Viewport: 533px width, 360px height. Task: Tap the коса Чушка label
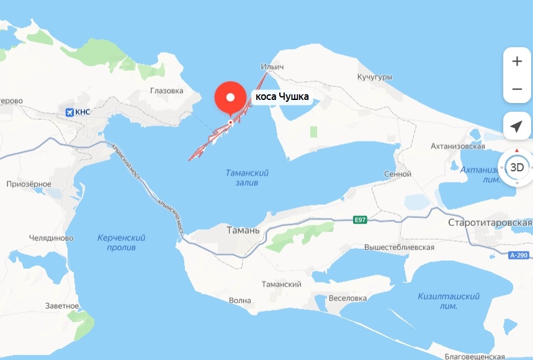(282, 97)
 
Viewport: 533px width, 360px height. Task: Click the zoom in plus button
(516, 61)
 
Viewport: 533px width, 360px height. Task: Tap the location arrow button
(516, 127)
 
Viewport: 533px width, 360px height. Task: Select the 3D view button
(516, 167)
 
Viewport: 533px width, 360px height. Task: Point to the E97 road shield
(360, 219)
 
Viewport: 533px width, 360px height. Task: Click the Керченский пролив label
(122, 243)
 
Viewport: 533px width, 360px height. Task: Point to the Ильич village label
(272, 66)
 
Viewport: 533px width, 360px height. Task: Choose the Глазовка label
(167, 91)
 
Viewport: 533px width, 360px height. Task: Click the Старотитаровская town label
(490, 222)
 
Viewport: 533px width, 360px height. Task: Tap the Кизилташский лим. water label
(447, 301)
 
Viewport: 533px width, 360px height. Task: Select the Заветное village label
(62, 306)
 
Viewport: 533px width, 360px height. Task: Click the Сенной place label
(398, 174)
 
